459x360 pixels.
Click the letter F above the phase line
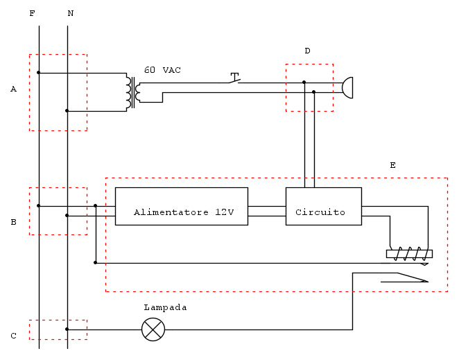coord(32,13)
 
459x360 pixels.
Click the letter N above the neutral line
coord(70,13)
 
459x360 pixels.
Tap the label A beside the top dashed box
coord(13,89)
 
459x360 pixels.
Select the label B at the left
coord(13,223)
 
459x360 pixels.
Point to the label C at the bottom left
coord(13,336)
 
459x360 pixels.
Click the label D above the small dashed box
coord(307,51)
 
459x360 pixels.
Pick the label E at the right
coord(392,165)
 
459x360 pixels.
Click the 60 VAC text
coord(162,70)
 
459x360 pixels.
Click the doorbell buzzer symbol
coord(349,87)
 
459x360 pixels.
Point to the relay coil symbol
coord(409,254)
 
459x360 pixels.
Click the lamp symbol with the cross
coord(153,329)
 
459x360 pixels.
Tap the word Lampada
coord(165,307)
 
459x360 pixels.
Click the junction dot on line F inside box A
coord(39,72)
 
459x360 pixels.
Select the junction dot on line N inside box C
coord(67,329)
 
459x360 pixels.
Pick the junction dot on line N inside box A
coord(67,110)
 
